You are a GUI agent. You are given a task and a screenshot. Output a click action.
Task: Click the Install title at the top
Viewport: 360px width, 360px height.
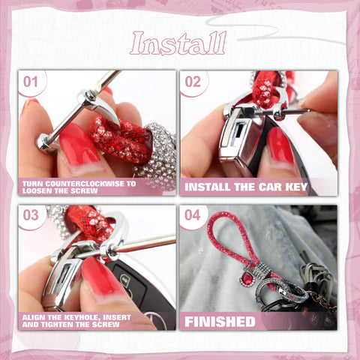tap(178, 44)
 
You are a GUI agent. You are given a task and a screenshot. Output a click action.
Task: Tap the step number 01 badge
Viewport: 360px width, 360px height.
tap(31, 81)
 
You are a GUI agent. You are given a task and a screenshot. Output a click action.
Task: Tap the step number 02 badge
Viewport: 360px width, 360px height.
tap(193, 81)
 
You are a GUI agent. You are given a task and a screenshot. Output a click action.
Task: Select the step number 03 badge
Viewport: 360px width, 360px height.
tap(31, 214)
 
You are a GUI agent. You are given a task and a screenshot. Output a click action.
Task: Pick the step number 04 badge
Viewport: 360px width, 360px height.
tap(193, 214)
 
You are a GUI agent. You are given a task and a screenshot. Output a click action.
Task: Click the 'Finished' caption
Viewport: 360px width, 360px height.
tap(220, 321)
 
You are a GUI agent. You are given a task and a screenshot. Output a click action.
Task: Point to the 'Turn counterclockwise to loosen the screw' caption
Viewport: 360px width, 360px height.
tap(79, 187)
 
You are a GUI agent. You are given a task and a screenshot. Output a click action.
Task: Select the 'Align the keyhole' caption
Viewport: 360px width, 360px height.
tap(79, 320)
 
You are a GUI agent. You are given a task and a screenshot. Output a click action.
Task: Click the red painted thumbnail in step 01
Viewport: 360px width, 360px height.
tap(74, 144)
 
